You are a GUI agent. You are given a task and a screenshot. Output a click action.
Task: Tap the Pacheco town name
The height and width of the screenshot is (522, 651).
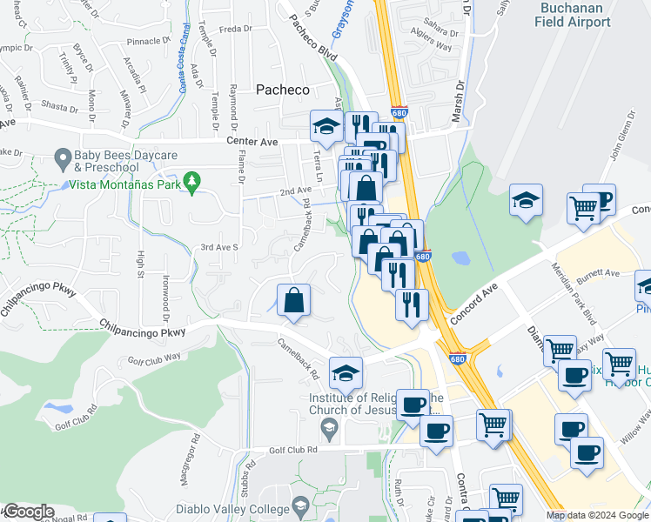(x=282, y=90)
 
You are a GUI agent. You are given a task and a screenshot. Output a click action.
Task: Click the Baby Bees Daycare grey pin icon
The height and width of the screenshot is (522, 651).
(x=62, y=159)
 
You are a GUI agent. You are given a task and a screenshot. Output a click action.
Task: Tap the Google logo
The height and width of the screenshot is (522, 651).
(x=28, y=512)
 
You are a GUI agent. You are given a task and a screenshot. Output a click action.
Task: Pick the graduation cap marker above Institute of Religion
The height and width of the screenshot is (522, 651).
(x=346, y=373)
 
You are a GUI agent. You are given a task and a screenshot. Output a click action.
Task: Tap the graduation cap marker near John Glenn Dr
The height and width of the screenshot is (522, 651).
(x=527, y=200)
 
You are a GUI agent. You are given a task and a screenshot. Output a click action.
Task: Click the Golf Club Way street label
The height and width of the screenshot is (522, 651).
(x=153, y=356)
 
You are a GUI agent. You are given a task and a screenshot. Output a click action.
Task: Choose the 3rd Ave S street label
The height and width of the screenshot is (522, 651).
(x=219, y=247)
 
